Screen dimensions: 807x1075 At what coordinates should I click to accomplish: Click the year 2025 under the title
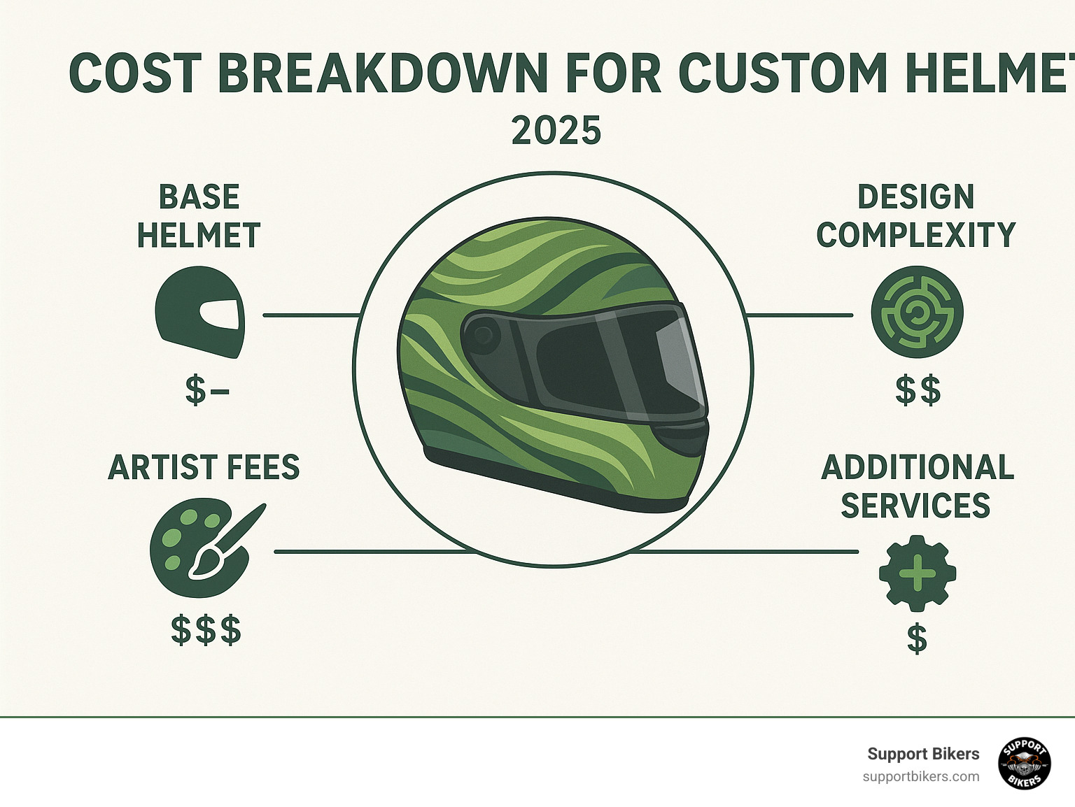tap(556, 131)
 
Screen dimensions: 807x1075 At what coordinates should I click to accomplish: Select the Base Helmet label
tap(199, 216)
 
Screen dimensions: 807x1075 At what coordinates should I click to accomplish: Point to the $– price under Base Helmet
tap(206, 390)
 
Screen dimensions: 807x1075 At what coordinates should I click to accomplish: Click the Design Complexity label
tap(915, 216)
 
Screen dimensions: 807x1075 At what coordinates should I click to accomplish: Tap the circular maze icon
tap(917, 312)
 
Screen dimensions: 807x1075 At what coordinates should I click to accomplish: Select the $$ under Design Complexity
tap(918, 390)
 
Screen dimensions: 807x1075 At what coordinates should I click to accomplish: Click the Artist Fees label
tap(204, 467)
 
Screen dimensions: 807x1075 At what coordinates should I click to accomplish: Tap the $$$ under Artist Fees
tap(206, 630)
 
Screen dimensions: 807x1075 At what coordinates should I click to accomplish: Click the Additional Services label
tap(917, 486)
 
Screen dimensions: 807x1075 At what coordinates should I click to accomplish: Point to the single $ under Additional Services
tap(917, 638)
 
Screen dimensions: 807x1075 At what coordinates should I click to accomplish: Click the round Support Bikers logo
tap(1025, 764)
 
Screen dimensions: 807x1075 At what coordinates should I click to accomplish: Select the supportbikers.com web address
tap(920, 777)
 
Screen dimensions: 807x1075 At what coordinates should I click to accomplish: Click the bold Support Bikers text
tap(923, 754)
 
